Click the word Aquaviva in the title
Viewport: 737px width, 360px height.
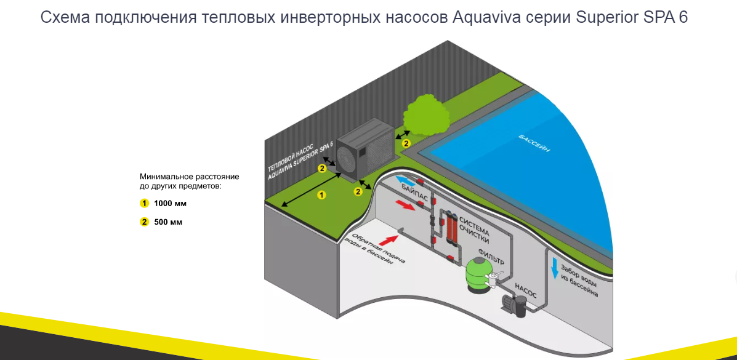[482, 17]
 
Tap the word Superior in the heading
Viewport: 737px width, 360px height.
[603, 17]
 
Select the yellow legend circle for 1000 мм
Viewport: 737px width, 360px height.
[145, 203]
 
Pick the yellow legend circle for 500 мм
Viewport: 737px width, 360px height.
[145, 222]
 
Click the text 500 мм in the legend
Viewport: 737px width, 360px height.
[168, 222]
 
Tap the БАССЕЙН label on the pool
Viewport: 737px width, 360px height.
[534, 143]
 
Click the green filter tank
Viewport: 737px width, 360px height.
[478, 274]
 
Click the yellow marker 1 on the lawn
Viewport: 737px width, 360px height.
[320, 195]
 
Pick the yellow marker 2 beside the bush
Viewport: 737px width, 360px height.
[406, 143]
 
